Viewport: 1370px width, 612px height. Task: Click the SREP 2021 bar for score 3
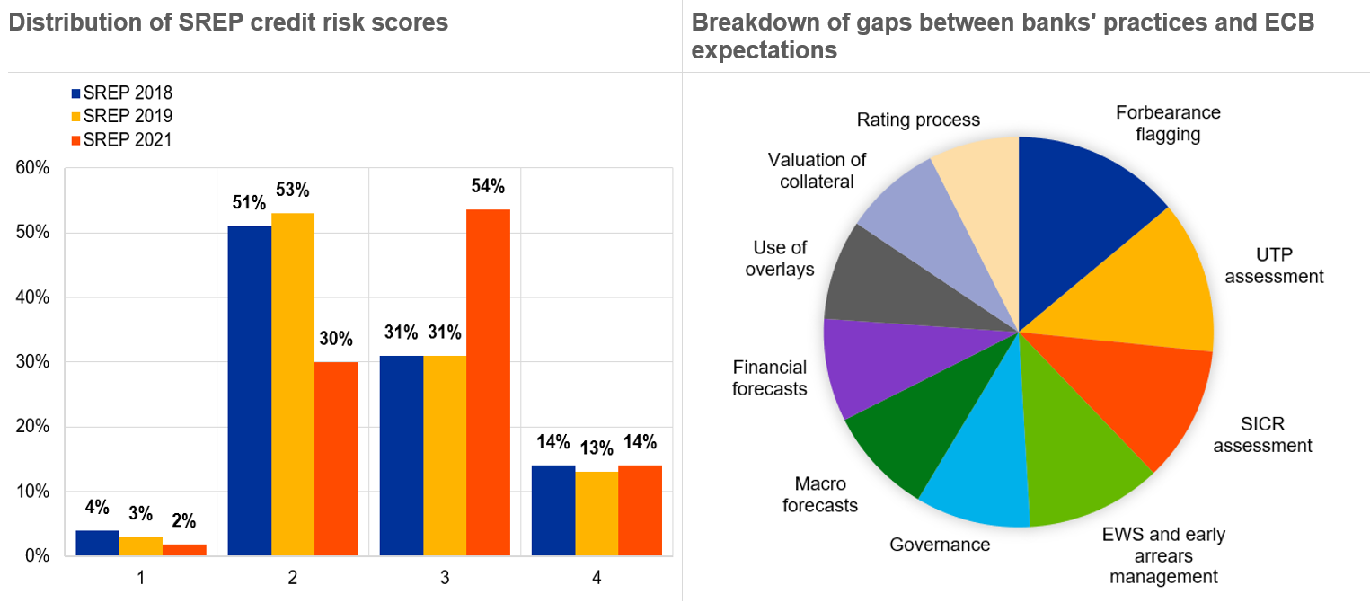488,382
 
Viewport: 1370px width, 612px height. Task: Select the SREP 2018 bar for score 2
250,391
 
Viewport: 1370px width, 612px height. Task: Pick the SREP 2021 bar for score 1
184,549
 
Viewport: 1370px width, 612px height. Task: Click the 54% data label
488,187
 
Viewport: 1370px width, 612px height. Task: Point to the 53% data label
293,191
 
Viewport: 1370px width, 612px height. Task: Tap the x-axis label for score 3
445,578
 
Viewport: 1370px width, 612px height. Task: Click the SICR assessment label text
1262,435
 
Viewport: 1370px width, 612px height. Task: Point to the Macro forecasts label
820,495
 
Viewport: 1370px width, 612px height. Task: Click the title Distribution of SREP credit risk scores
228,22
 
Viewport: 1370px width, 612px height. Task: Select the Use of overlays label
780,258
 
